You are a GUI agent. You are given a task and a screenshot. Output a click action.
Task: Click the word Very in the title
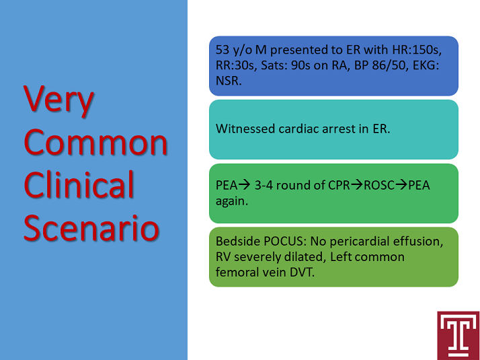coord(58,100)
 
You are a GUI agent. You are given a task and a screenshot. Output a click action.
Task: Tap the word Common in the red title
coord(95,142)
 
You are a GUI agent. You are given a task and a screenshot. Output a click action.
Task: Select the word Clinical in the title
coord(79,185)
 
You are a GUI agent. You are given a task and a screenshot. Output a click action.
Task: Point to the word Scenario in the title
coord(91,227)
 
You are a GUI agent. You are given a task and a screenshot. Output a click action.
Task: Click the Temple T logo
coord(458,336)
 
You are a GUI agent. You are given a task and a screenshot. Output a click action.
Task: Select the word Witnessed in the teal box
coord(245,129)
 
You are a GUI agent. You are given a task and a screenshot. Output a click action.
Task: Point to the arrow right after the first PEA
coord(244,185)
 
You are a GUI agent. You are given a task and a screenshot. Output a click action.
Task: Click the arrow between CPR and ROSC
coord(357,185)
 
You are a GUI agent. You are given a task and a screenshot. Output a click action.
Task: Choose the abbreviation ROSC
coord(379,185)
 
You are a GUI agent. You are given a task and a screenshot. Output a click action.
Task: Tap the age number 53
coord(223,50)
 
